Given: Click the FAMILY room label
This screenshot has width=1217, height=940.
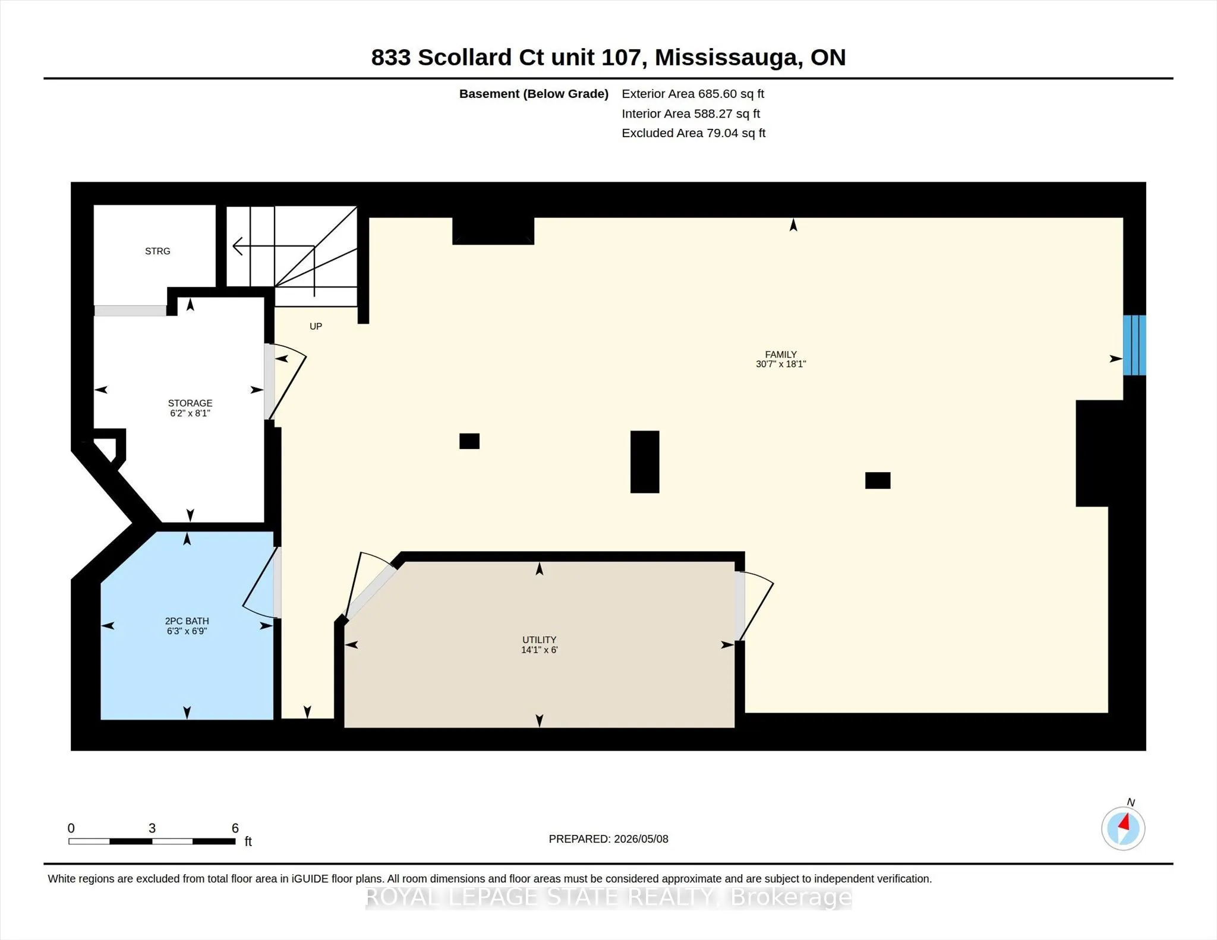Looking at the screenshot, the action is [780, 355].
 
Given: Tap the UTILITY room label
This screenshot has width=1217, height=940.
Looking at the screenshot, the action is [539, 640].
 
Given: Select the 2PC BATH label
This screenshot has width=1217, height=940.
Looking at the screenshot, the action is [187, 621].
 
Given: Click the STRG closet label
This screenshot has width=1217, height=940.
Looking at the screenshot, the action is [157, 251].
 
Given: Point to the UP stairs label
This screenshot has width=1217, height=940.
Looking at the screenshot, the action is [316, 326].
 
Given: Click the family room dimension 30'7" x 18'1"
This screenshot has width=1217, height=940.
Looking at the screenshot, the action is [780, 364].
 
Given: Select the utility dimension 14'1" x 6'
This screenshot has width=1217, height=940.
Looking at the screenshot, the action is [539, 650].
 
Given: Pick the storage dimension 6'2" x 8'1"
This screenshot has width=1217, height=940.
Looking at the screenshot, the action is [190, 413].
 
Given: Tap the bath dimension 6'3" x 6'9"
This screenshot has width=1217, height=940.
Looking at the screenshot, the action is [187, 631].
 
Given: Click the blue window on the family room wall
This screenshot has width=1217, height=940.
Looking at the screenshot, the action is [1134, 345].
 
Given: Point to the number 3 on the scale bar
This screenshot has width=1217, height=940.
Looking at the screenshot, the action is [152, 828].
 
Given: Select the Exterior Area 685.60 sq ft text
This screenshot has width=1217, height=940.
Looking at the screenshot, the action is [693, 94].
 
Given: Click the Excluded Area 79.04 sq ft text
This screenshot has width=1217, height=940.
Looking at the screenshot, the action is [693, 133].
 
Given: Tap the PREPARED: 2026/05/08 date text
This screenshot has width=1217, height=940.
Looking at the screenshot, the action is [608, 839].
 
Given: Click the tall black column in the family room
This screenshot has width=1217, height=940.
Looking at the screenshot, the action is [645, 462].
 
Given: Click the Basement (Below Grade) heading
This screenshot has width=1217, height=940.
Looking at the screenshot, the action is [534, 94].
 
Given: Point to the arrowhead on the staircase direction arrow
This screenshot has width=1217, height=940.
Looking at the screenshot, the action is [237, 246].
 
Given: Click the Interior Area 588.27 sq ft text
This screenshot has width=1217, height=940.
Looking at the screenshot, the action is [691, 113].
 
